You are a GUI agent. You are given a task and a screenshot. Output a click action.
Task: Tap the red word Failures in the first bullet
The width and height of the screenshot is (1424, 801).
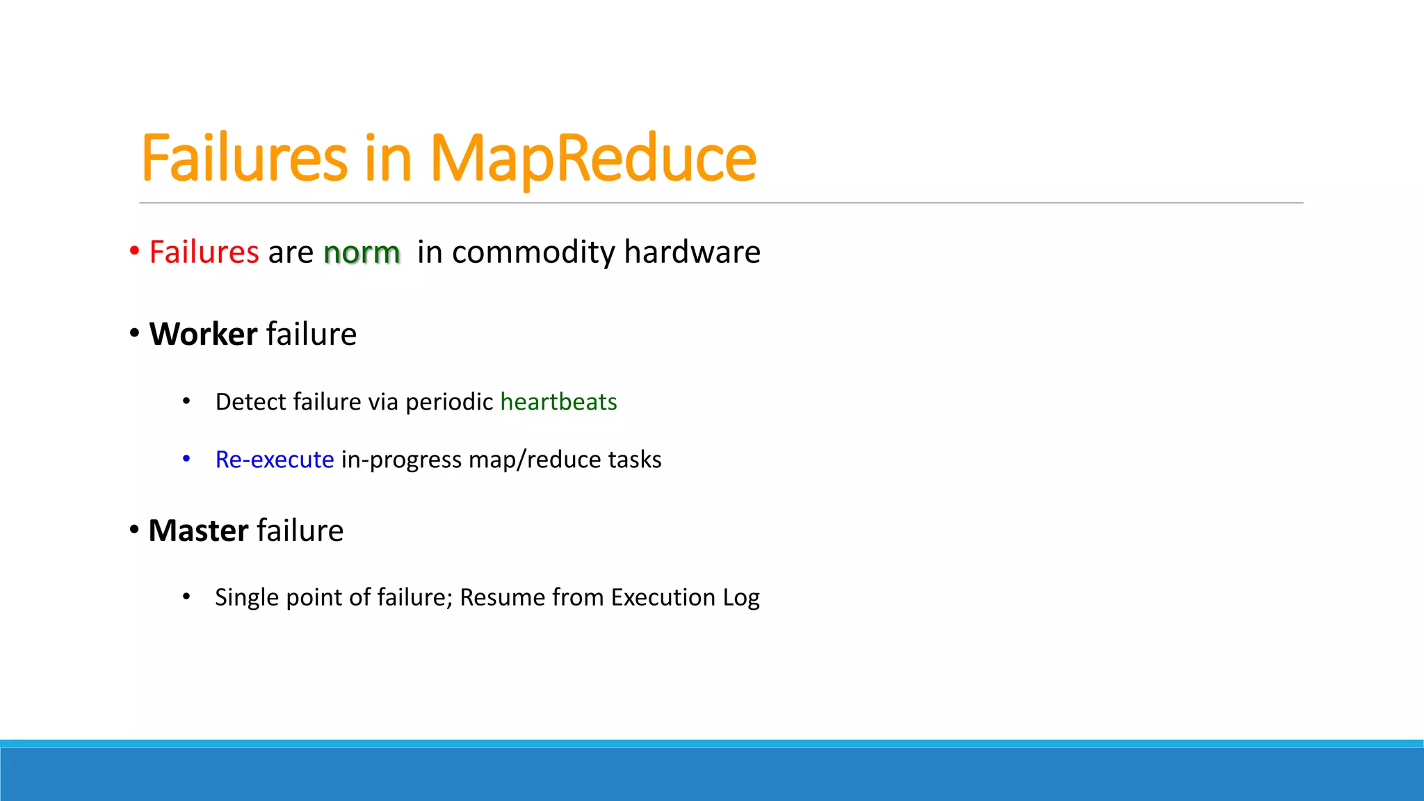tap(204, 252)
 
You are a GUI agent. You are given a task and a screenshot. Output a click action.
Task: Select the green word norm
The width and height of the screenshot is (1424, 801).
tap(362, 253)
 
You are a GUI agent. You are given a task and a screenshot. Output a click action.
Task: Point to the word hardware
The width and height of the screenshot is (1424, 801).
tap(692, 252)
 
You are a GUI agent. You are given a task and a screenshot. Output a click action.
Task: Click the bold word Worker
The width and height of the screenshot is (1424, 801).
tap(203, 334)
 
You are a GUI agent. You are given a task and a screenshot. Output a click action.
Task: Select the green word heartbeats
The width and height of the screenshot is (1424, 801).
tap(558, 402)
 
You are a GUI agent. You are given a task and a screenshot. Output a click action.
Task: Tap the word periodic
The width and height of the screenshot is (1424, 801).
tap(449, 403)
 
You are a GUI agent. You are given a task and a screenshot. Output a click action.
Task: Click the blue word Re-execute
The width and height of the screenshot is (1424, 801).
tap(275, 460)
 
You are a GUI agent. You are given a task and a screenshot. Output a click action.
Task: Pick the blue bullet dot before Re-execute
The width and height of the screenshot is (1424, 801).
tap(186, 459)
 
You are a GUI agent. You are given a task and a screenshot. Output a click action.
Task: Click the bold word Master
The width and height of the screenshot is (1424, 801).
tap(198, 531)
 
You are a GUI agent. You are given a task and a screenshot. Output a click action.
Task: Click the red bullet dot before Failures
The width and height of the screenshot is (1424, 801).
tap(135, 251)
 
